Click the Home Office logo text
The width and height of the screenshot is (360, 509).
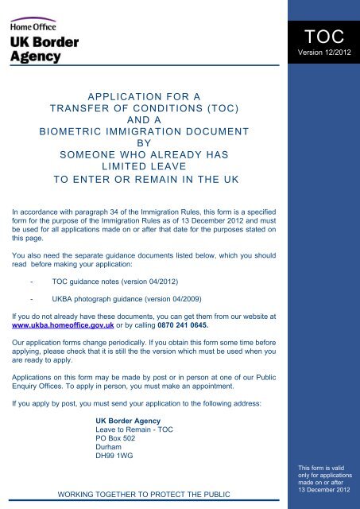point(33,24)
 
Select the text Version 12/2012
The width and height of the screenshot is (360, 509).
point(323,53)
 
